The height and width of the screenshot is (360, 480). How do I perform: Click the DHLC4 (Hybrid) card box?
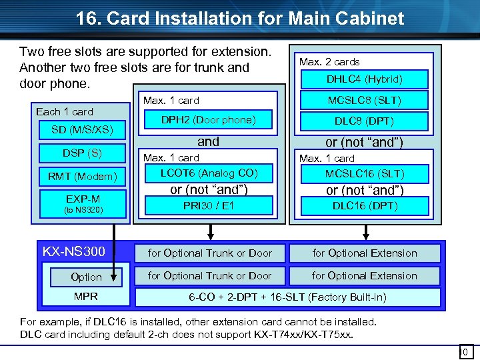point(364,79)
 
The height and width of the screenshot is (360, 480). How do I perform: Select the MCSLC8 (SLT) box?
point(364,101)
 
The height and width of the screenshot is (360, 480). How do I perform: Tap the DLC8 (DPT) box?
point(364,121)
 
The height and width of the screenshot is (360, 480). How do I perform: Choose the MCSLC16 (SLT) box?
point(364,173)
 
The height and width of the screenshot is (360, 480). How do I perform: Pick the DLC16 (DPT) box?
point(364,206)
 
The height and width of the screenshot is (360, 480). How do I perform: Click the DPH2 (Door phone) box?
point(209,120)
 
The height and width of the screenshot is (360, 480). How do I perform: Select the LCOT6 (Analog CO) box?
point(209,173)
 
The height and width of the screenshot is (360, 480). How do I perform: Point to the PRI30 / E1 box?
point(209,206)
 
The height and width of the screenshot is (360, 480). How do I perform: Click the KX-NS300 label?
point(74,252)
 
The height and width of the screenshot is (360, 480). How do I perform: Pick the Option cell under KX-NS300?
point(86,277)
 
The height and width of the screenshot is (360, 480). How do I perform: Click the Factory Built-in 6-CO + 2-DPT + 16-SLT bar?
point(287,297)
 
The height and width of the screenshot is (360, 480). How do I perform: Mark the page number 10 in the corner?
point(465,351)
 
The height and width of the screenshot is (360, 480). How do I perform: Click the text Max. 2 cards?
point(329,62)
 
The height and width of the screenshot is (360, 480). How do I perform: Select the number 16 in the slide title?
point(87,18)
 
